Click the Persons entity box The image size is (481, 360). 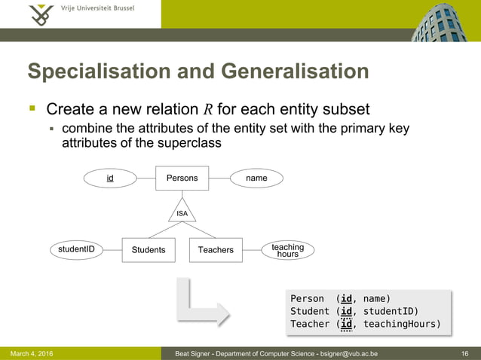pyautogui.click(x=182, y=178)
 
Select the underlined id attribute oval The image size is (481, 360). pyautogui.click(x=110, y=178)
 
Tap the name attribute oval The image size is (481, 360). pyautogui.click(x=256, y=178)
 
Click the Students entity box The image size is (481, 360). pyautogui.click(x=149, y=249)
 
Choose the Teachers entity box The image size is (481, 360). pyautogui.click(x=216, y=249)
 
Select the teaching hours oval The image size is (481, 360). pyautogui.click(x=287, y=250)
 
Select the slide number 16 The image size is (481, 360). pyautogui.click(x=464, y=353)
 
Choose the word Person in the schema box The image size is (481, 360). pyautogui.click(x=307, y=298)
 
